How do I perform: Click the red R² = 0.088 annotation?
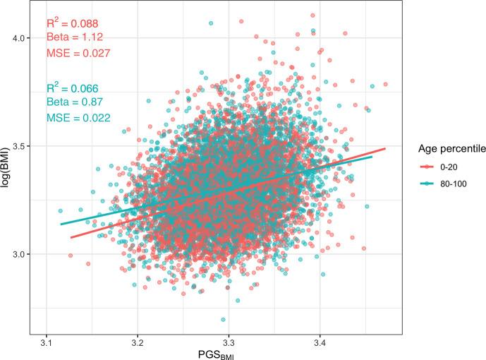(x=73, y=23)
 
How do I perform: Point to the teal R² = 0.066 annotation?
(x=73, y=88)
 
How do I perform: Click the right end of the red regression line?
(x=385, y=149)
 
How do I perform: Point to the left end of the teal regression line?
(x=61, y=224)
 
